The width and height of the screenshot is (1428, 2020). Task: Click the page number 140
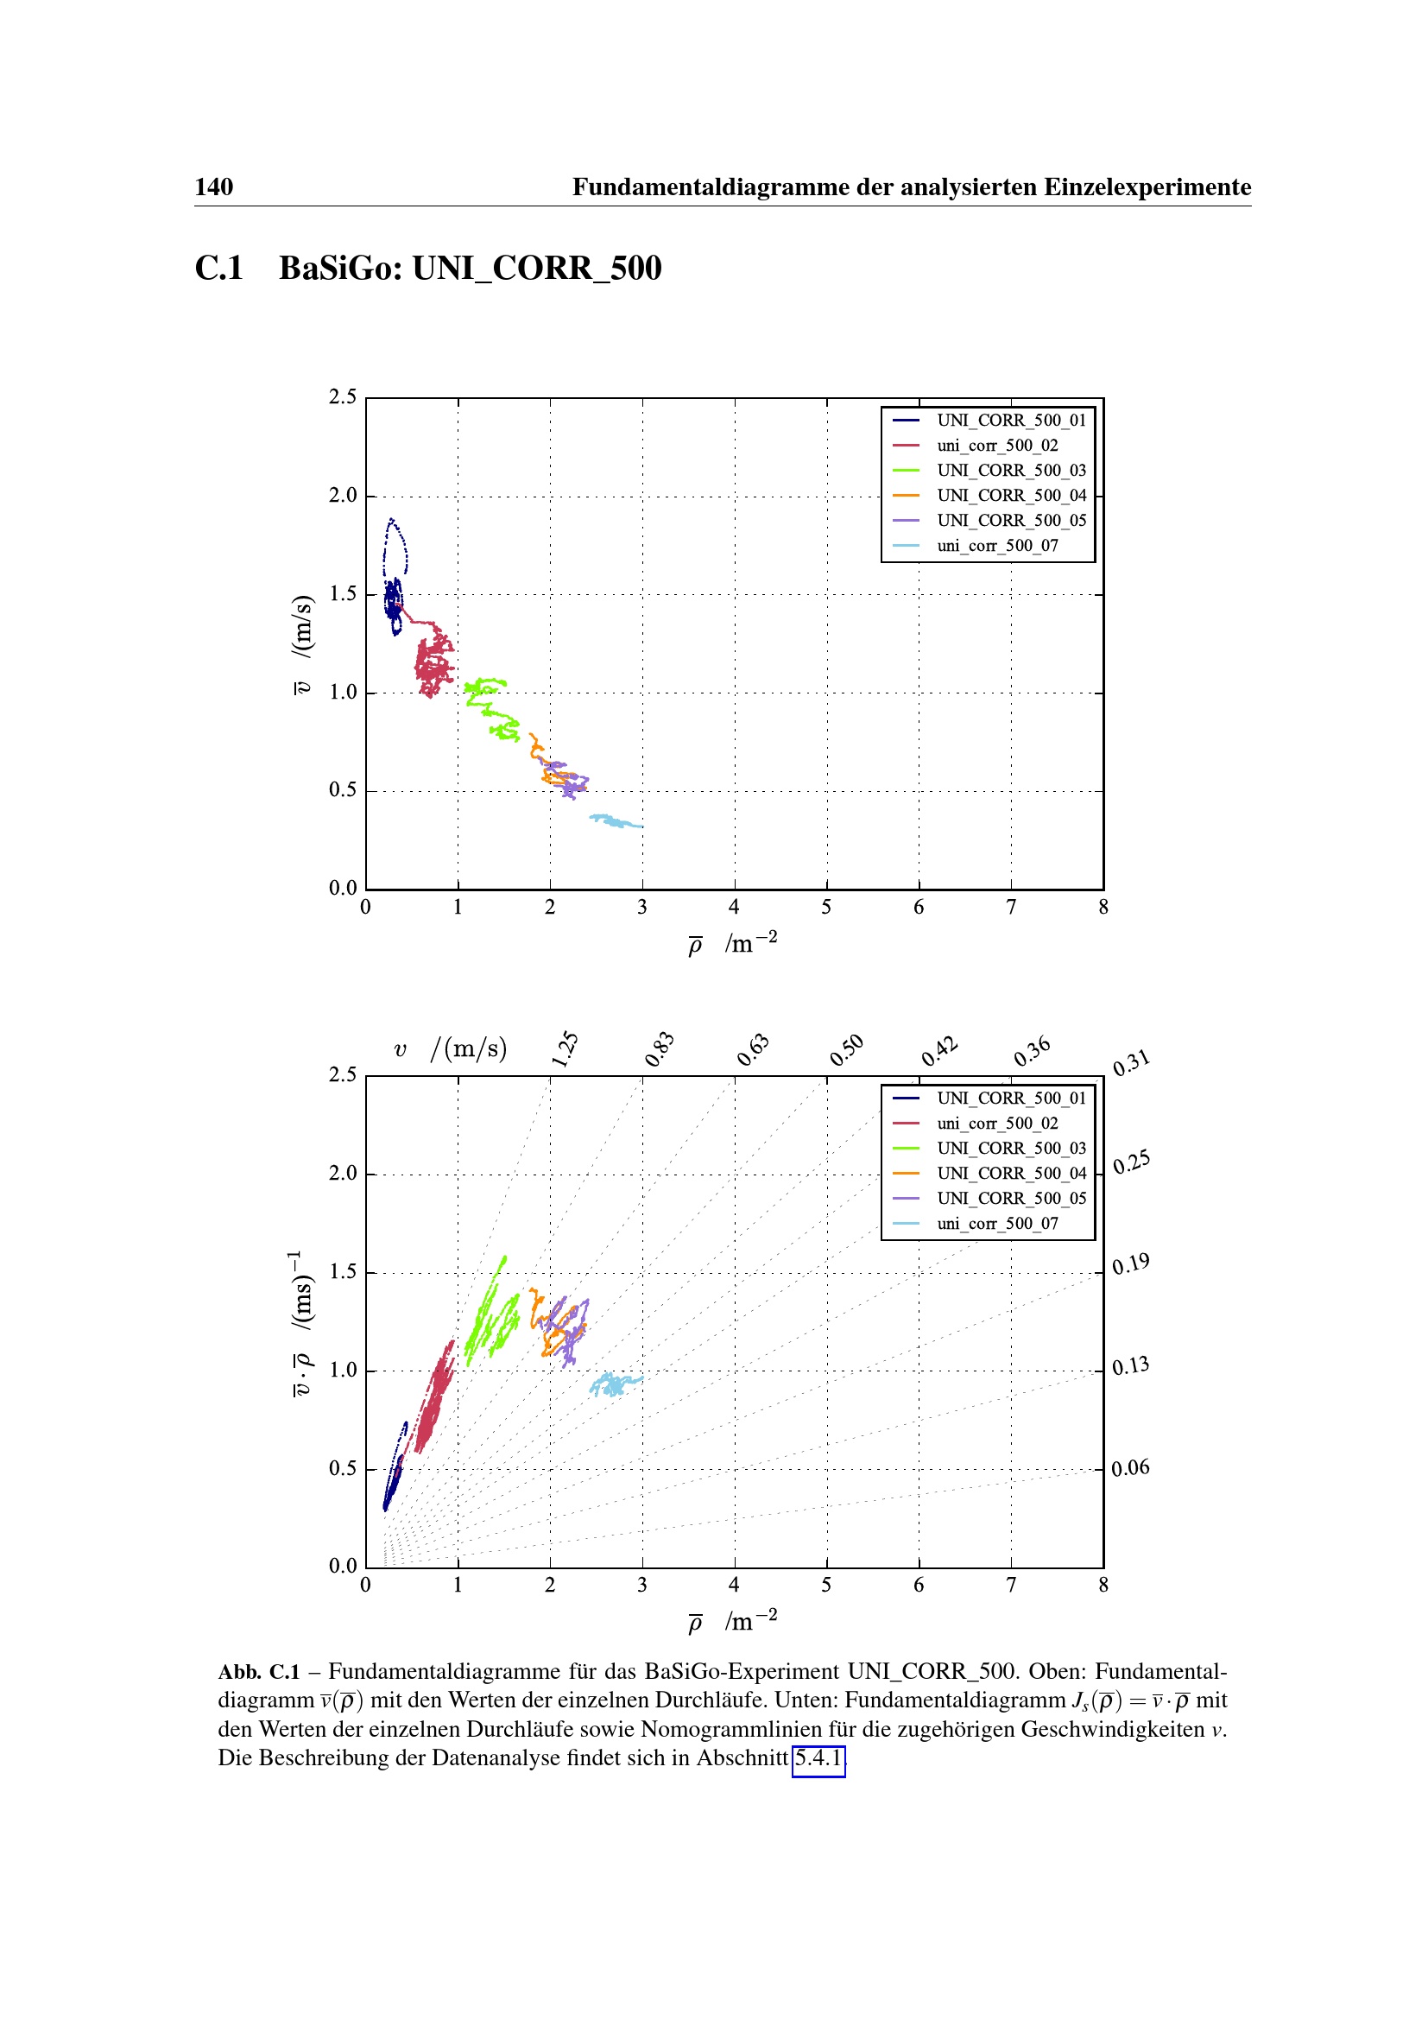[x=213, y=187]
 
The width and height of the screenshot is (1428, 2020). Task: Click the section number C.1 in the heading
[x=218, y=269]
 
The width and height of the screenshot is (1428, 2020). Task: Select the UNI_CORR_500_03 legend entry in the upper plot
[x=1010, y=470]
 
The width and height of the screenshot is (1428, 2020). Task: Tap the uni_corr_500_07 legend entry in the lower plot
[x=997, y=1223]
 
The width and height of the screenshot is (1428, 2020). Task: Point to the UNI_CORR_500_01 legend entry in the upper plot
[x=1010, y=420]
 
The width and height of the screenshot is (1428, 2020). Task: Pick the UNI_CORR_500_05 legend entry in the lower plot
[x=1010, y=1199]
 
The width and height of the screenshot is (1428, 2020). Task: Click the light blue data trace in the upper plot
[x=616, y=821]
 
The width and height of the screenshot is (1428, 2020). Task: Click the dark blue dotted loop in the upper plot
[x=395, y=546]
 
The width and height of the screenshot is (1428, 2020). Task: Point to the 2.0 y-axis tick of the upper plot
[x=343, y=496]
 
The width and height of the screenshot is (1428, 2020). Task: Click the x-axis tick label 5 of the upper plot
[x=825, y=907]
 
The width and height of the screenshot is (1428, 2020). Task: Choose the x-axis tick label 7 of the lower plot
[x=1010, y=1586]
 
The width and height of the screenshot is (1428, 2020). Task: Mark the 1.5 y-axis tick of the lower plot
[x=343, y=1271]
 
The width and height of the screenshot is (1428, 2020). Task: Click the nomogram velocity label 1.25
[x=565, y=1048]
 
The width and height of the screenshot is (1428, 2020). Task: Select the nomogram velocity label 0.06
[x=1130, y=1467]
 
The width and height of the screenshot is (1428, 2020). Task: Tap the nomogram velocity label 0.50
[x=847, y=1049]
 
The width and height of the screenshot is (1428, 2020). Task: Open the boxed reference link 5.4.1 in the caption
[x=818, y=1757]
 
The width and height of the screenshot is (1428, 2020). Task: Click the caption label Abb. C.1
[x=258, y=1672]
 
